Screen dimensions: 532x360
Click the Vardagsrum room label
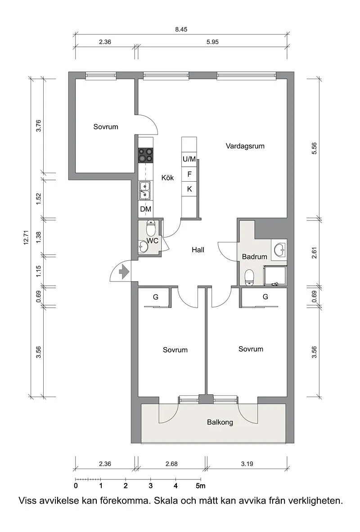coord(245,146)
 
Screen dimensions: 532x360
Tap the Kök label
coord(167,178)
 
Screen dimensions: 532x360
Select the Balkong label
coord(220,423)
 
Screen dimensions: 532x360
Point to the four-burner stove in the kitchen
coord(145,155)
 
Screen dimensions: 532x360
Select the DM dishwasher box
coord(145,209)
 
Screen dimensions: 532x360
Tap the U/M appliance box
coord(189,159)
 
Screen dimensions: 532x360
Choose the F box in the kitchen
coord(189,174)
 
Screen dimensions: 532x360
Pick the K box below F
coord(189,189)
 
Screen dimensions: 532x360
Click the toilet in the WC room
coord(151,228)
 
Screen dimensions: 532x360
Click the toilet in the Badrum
coord(249,277)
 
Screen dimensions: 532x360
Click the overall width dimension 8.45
coord(181,30)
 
